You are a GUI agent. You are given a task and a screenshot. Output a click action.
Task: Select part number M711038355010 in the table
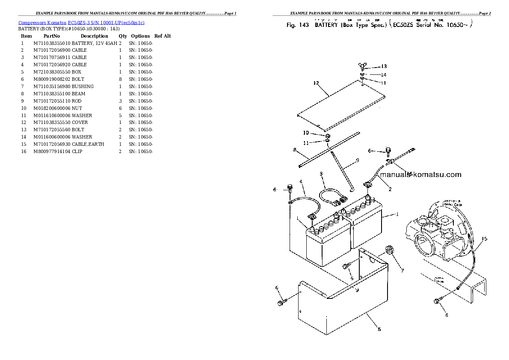click(52, 43)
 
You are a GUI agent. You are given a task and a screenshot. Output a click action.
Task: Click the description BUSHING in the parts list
click(83, 86)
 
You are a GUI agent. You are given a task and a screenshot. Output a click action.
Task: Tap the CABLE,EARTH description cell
click(88, 144)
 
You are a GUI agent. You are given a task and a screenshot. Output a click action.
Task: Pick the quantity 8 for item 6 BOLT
click(120, 79)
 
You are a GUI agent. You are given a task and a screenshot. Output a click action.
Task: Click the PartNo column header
click(51, 36)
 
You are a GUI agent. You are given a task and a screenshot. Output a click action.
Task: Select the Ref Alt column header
click(163, 36)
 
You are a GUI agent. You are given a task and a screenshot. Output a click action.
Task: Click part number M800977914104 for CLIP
click(52, 151)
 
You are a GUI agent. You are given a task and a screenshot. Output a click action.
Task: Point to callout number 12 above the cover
click(316, 83)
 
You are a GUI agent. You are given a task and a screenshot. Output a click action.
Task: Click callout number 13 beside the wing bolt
click(384, 66)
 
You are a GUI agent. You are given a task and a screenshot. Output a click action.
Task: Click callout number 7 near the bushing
click(402, 270)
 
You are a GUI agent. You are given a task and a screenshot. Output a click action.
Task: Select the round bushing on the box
click(389, 250)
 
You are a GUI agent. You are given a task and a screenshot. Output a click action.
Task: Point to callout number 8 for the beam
click(295, 150)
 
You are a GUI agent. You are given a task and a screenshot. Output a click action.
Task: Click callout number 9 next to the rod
click(357, 160)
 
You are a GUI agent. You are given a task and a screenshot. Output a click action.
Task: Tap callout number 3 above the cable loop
click(321, 174)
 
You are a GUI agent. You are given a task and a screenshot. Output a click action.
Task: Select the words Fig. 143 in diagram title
click(297, 25)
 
